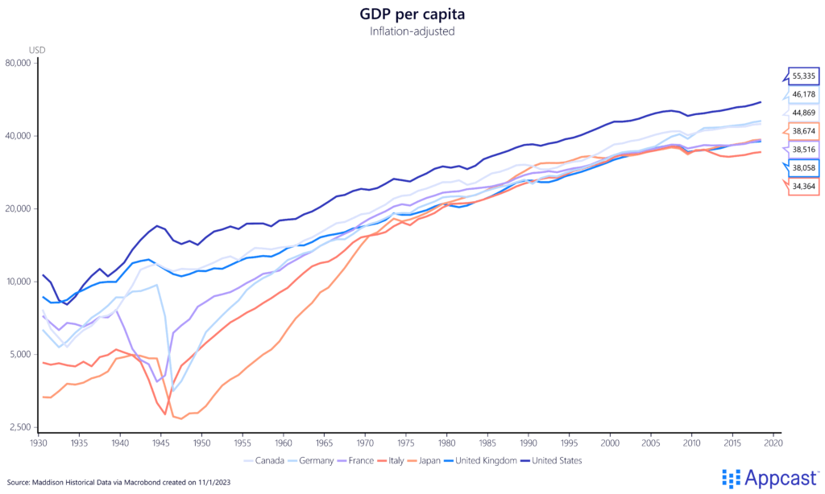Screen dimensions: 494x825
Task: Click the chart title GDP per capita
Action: click(412, 14)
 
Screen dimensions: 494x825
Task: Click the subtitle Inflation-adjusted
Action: click(412, 31)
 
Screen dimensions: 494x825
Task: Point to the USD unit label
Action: click(37, 49)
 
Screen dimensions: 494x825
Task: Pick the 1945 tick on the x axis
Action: click(160, 443)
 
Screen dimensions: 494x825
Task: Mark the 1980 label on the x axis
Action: click(446, 443)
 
